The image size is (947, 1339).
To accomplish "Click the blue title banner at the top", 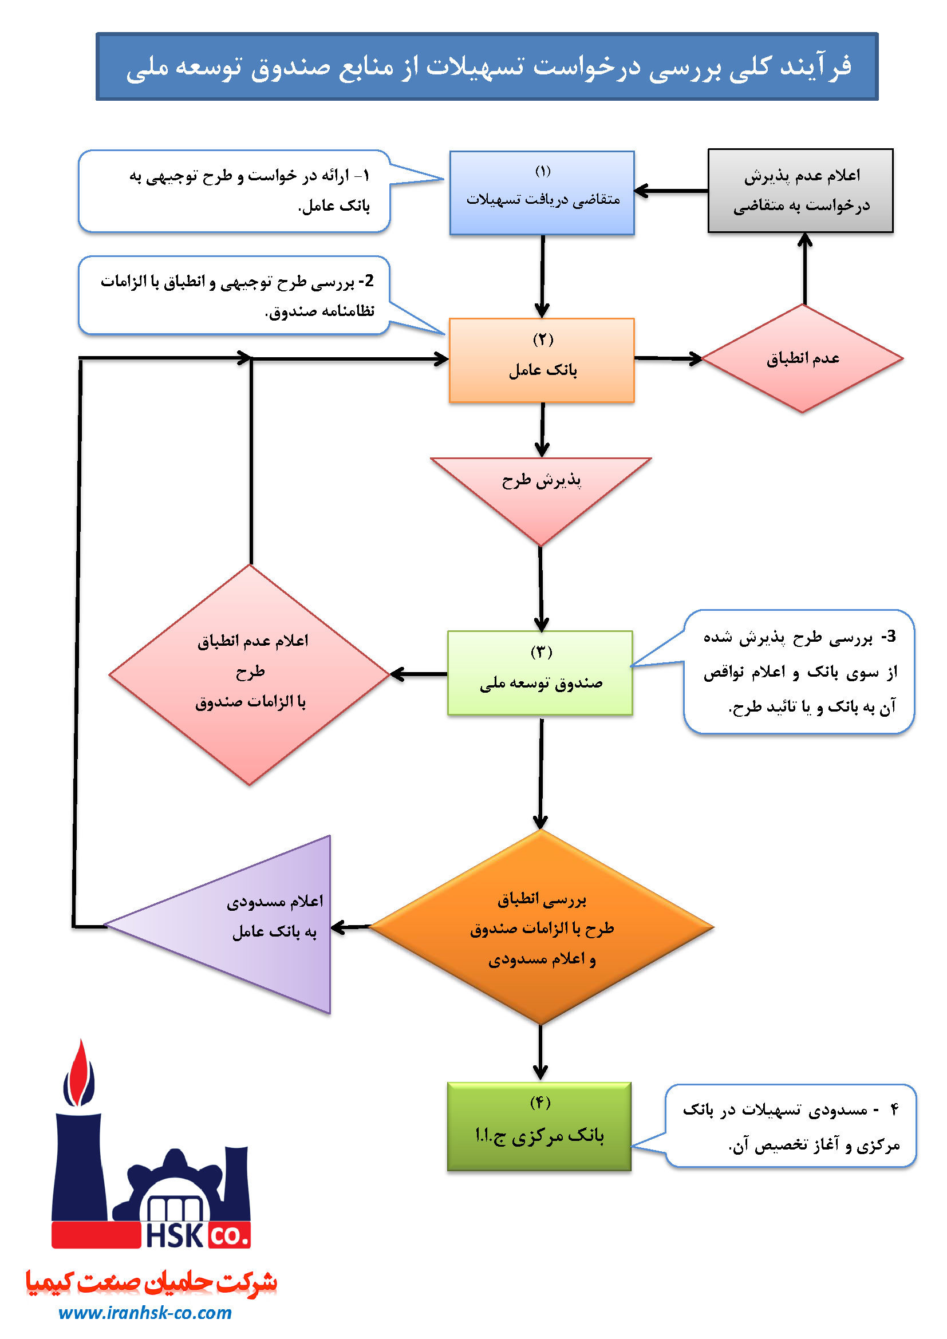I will point(487,66).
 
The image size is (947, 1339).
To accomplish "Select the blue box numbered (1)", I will point(542,192).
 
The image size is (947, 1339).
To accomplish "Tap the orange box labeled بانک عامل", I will point(542,360).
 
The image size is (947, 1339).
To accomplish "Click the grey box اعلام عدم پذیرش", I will point(800,191).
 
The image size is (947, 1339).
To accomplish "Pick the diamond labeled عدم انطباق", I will point(802,358).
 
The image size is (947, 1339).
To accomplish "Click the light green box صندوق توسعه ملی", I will point(540,673).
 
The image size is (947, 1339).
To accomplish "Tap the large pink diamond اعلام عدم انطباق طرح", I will point(250,674).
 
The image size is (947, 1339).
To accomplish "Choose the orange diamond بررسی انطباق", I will point(542,927).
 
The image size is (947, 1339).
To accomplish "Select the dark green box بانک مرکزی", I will point(539,1126).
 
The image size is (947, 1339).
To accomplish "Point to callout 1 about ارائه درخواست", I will point(234,191).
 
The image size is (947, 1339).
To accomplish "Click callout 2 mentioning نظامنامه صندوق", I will point(234,295).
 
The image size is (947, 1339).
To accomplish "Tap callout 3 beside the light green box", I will point(799,672).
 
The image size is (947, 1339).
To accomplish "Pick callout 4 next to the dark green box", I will point(791,1125).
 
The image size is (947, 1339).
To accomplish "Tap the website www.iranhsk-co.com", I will point(145,1312).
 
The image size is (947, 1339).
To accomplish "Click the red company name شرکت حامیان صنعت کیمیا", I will point(151,1282).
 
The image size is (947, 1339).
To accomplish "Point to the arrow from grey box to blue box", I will point(670,191).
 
